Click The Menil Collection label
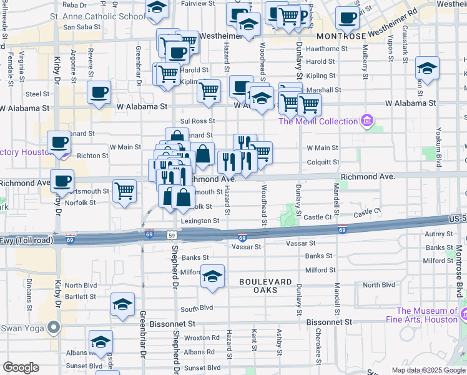[318, 121]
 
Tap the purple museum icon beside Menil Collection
[367, 121]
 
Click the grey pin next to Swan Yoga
[54, 327]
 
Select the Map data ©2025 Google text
[429, 370]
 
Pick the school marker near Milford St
[213, 276]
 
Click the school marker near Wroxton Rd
[101, 342]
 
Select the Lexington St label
[200, 221]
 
